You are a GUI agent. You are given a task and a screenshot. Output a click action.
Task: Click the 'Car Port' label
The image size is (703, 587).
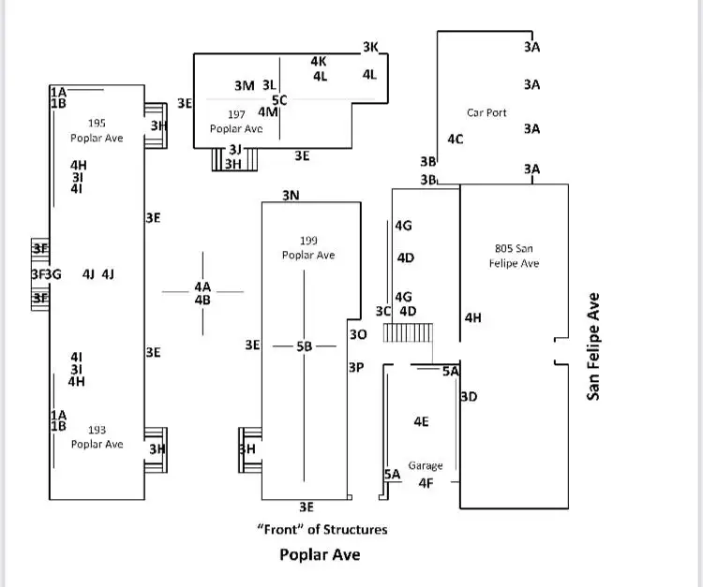point(486,112)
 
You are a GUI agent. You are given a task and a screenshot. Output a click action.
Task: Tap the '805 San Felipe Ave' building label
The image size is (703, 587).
point(514,256)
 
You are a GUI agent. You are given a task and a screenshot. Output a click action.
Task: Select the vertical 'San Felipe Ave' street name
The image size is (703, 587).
point(593,346)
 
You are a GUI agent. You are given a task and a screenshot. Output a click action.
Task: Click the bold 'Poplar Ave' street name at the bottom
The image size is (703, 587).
point(320,554)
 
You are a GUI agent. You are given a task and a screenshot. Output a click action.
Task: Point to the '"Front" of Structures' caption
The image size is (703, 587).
point(322,530)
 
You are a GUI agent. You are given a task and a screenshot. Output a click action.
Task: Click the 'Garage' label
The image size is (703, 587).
point(426,465)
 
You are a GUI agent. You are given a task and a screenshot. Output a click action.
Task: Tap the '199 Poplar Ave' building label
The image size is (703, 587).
point(308,247)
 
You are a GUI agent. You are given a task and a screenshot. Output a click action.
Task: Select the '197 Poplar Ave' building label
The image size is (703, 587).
point(236,122)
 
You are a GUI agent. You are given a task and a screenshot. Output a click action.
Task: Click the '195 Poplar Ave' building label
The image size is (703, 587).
point(97,130)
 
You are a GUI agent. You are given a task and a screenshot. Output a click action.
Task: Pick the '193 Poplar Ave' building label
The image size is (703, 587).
point(97,437)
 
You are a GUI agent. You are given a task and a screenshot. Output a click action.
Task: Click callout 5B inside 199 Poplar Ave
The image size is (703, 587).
point(304,346)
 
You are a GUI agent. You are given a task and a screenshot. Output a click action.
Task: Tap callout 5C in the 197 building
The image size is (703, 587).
point(279,100)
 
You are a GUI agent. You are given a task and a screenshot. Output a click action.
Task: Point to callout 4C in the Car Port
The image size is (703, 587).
point(455,139)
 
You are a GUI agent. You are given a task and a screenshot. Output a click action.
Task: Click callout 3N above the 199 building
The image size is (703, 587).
point(291,196)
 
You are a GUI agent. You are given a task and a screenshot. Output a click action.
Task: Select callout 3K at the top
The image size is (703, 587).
point(371,47)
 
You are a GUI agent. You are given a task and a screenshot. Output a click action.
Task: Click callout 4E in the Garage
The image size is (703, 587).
point(421,421)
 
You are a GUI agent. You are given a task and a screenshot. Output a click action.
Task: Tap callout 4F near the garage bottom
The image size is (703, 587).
point(426,483)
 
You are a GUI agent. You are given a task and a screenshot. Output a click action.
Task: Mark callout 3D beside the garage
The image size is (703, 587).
point(469,396)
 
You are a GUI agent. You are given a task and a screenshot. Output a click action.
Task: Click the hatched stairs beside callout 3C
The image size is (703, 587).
point(408,332)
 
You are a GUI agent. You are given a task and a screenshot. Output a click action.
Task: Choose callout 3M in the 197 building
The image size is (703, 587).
point(245,85)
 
